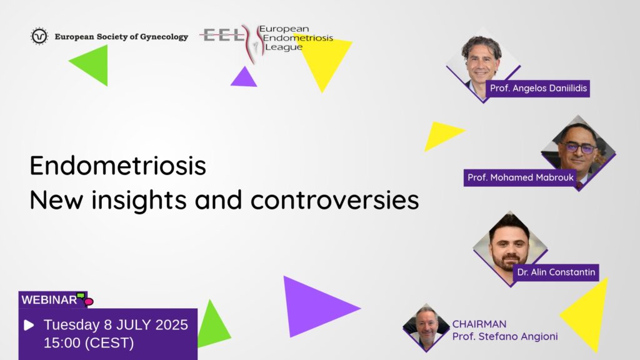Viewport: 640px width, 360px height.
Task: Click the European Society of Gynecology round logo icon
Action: (x=39, y=36)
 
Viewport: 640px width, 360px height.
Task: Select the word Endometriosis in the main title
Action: (x=118, y=165)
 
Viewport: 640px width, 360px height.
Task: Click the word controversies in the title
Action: (x=335, y=200)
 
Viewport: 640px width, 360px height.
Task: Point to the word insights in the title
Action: (x=139, y=200)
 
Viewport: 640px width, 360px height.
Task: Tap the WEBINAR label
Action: (x=49, y=300)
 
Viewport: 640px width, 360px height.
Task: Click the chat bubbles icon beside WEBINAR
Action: (x=85, y=299)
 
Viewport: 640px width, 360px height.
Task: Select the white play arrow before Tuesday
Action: (x=29, y=325)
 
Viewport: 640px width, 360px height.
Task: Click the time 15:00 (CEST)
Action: (x=89, y=343)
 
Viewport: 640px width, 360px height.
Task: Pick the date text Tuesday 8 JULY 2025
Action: (x=116, y=325)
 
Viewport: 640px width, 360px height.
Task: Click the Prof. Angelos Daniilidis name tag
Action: (x=538, y=89)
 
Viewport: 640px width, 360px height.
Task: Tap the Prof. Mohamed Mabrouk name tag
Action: (x=521, y=178)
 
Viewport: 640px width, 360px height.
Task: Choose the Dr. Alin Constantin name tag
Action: (x=556, y=272)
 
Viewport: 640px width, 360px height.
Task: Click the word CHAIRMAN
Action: (x=479, y=324)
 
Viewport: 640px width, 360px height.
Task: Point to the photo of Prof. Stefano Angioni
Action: (x=426, y=327)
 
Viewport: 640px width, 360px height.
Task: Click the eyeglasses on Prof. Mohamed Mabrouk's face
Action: (x=579, y=147)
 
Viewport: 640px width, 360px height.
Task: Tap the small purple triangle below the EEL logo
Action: (x=244, y=77)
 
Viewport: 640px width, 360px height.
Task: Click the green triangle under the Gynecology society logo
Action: (x=92, y=64)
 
